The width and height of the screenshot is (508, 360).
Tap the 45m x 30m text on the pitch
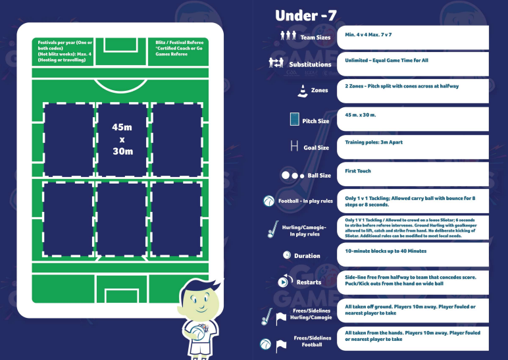(123, 139)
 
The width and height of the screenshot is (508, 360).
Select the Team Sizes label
(315, 38)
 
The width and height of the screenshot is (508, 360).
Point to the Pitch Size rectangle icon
(295, 120)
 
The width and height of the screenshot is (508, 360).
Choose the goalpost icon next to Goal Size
(294, 146)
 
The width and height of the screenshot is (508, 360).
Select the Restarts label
(309, 282)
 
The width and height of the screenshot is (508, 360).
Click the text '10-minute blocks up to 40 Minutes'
(386, 251)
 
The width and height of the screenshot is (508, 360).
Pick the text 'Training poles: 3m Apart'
(372, 141)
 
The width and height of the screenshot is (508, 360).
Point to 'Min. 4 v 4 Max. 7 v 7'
(368, 33)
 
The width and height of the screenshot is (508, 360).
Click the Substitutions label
(310, 64)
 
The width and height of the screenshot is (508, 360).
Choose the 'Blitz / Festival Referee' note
(180, 48)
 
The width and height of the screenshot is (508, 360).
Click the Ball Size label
(319, 176)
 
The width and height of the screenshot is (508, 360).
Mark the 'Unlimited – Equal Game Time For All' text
(386, 59)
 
